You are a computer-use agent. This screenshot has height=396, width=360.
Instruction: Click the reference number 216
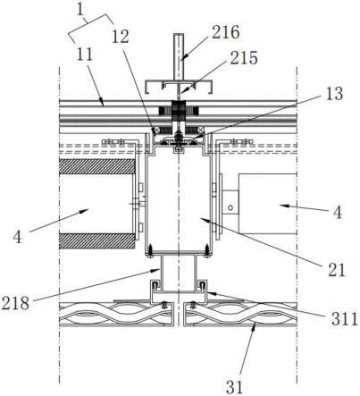[225, 32]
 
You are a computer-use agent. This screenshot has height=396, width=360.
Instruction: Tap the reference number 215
[244, 58]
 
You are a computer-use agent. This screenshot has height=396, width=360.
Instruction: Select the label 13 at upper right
[334, 94]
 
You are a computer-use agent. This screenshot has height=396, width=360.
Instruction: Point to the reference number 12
[121, 37]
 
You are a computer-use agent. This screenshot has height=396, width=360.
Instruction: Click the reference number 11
[85, 55]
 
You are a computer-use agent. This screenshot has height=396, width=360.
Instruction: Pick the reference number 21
[337, 270]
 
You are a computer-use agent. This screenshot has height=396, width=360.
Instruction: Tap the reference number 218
[15, 303]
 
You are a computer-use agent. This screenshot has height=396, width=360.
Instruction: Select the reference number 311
[345, 319]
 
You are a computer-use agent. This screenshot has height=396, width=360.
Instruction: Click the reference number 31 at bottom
[234, 387]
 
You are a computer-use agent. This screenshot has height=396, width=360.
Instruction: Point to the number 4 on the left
[18, 237]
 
